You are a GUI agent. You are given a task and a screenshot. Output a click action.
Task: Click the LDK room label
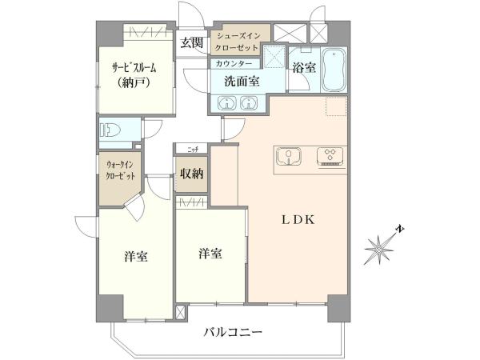coord(298,219)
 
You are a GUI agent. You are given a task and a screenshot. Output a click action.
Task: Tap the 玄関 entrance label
coord(191,43)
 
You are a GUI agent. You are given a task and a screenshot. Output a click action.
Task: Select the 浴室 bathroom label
coord(304,68)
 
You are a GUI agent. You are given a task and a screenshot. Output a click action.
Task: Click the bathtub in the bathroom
coord(334,70)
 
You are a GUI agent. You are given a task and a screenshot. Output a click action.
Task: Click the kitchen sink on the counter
coord(288,156)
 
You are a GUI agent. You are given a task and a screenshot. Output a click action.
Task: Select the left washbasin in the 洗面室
coord(227,102)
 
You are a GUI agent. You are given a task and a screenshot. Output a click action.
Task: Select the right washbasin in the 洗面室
coord(250,102)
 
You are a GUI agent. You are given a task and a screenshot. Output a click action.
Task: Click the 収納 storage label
coord(192,174)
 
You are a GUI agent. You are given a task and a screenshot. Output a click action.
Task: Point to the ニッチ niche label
coord(193,150)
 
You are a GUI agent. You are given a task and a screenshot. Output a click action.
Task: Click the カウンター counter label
coord(234,63)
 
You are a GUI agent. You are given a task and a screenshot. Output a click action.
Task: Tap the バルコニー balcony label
coord(234,332)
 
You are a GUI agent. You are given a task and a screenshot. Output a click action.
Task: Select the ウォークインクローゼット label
coord(120,170)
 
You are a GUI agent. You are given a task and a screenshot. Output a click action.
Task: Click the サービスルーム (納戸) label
coord(134,74)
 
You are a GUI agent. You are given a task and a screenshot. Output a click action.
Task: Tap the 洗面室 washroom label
coord(242,82)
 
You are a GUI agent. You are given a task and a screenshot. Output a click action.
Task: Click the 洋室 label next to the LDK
coord(210,254)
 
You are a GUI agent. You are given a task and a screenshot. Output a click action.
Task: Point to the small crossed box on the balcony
coord(180,313)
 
